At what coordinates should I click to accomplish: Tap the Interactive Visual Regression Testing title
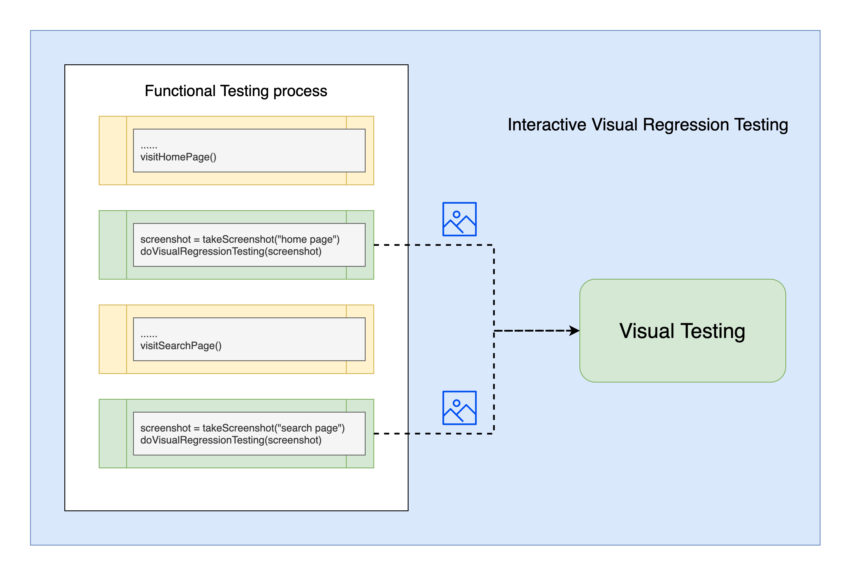click(x=647, y=124)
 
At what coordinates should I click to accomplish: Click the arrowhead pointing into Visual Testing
click(x=574, y=331)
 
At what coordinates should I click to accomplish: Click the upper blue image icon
click(x=459, y=219)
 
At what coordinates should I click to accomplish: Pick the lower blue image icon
click(x=459, y=408)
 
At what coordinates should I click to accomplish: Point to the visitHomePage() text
click(x=178, y=157)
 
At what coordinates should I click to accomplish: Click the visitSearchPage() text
click(x=181, y=346)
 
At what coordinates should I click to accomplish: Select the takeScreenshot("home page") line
click(x=239, y=239)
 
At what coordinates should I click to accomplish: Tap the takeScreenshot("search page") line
click(x=242, y=428)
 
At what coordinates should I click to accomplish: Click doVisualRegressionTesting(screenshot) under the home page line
click(x=231, y=251)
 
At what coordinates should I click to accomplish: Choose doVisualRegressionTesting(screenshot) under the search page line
click(x=231, y=440)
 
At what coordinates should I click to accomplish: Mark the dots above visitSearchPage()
click(x=149, y=336)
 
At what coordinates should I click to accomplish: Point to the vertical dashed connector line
click(x=494, y=289)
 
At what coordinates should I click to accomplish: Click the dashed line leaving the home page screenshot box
click(x=434, y=245)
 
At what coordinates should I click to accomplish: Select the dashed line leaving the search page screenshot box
click(x=434, y=433)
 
